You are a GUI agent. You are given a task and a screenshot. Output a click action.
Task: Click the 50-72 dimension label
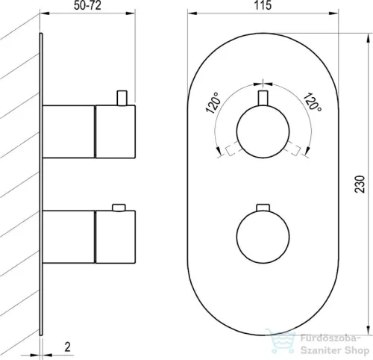coord(87,5)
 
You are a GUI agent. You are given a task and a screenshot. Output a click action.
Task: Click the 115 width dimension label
coord(263,5)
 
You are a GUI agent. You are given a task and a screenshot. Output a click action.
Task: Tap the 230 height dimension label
coord(360,184)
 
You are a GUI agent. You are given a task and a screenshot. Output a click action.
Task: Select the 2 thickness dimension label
coord(67,347)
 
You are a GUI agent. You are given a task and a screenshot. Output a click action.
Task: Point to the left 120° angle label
coord(213,102)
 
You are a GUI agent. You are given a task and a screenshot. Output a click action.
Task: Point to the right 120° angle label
coord(313,102)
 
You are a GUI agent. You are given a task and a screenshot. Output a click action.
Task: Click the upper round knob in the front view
coord(263,131)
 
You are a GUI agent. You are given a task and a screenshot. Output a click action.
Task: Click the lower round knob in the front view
coord(263,237)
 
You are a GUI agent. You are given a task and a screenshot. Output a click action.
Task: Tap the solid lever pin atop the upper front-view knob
coord(263,98)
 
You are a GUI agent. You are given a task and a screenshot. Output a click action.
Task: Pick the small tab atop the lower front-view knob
coord(263,208)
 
